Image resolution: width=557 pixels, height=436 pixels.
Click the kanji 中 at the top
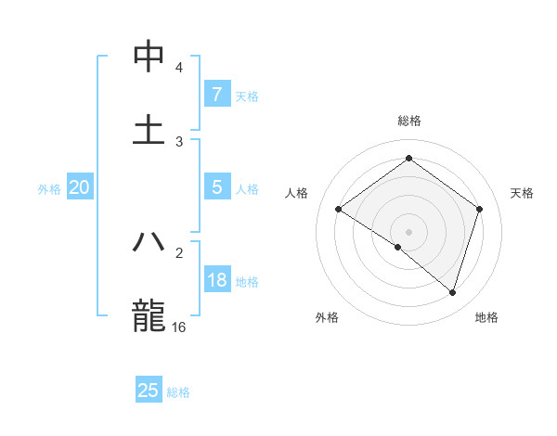149,57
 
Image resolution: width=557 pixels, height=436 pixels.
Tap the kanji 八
149,242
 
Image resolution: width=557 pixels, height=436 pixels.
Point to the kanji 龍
149,314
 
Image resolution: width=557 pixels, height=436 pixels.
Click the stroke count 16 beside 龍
179,327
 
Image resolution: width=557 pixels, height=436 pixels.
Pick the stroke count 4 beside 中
179,68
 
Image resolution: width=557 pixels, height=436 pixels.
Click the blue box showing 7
216,94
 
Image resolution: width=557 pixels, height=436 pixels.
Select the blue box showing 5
216,187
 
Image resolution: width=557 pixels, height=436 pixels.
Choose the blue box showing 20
79,187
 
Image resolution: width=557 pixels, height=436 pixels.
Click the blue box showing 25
149,391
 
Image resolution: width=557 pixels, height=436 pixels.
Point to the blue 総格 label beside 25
178,392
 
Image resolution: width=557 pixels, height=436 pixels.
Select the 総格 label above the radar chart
408,121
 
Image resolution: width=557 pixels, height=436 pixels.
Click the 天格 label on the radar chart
523,193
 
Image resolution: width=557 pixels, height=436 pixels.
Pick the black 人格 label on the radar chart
296,193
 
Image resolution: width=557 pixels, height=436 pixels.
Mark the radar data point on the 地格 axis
453,292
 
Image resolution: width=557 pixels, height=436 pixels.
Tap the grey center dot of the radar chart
408,231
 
